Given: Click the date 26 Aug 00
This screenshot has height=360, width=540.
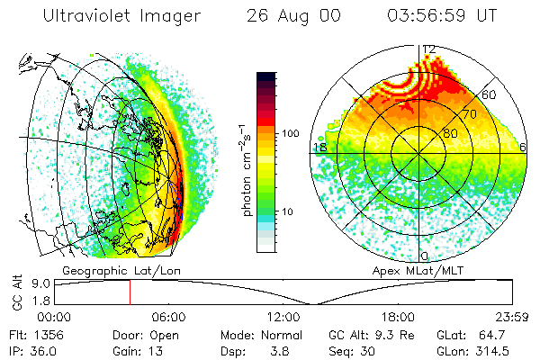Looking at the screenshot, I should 291,16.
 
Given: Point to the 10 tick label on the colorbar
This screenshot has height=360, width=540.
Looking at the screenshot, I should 289,211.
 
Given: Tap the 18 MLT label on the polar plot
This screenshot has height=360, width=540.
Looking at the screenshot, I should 319,147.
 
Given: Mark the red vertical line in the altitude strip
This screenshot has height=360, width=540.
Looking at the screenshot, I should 130,292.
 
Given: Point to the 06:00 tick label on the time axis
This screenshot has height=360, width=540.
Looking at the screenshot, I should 168,317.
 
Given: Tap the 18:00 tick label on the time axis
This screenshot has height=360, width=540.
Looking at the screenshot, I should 398,317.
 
